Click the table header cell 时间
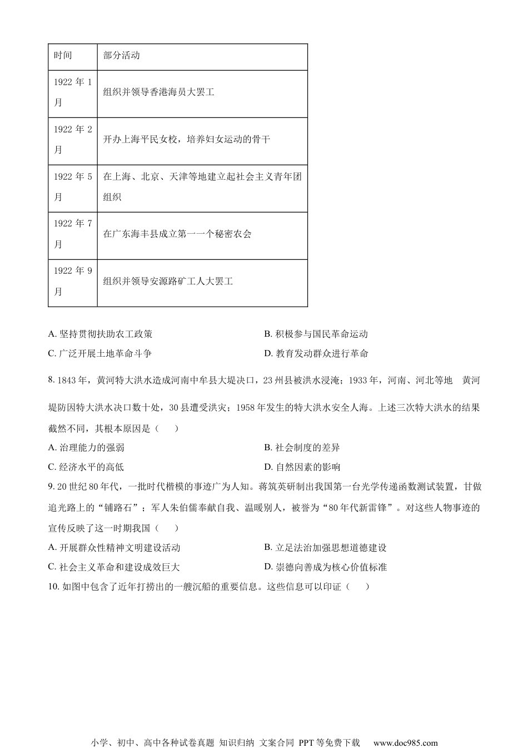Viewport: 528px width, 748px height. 63,56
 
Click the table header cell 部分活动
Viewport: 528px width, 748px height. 121,56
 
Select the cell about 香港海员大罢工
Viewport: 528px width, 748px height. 159,92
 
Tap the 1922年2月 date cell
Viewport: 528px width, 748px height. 73,140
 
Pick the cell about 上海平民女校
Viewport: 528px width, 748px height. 186,140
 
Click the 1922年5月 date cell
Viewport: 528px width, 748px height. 73,187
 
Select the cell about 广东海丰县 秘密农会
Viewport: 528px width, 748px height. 177,234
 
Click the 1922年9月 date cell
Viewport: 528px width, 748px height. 73,282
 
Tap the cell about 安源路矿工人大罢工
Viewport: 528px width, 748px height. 168,282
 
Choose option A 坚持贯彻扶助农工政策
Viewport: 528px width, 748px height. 100,334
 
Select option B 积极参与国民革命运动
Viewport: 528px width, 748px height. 316,334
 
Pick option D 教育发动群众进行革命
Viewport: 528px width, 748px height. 316,353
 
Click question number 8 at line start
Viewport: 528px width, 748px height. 52,381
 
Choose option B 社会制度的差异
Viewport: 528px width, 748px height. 302,447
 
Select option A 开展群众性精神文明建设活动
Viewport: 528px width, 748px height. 114,548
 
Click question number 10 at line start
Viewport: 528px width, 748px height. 54,587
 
